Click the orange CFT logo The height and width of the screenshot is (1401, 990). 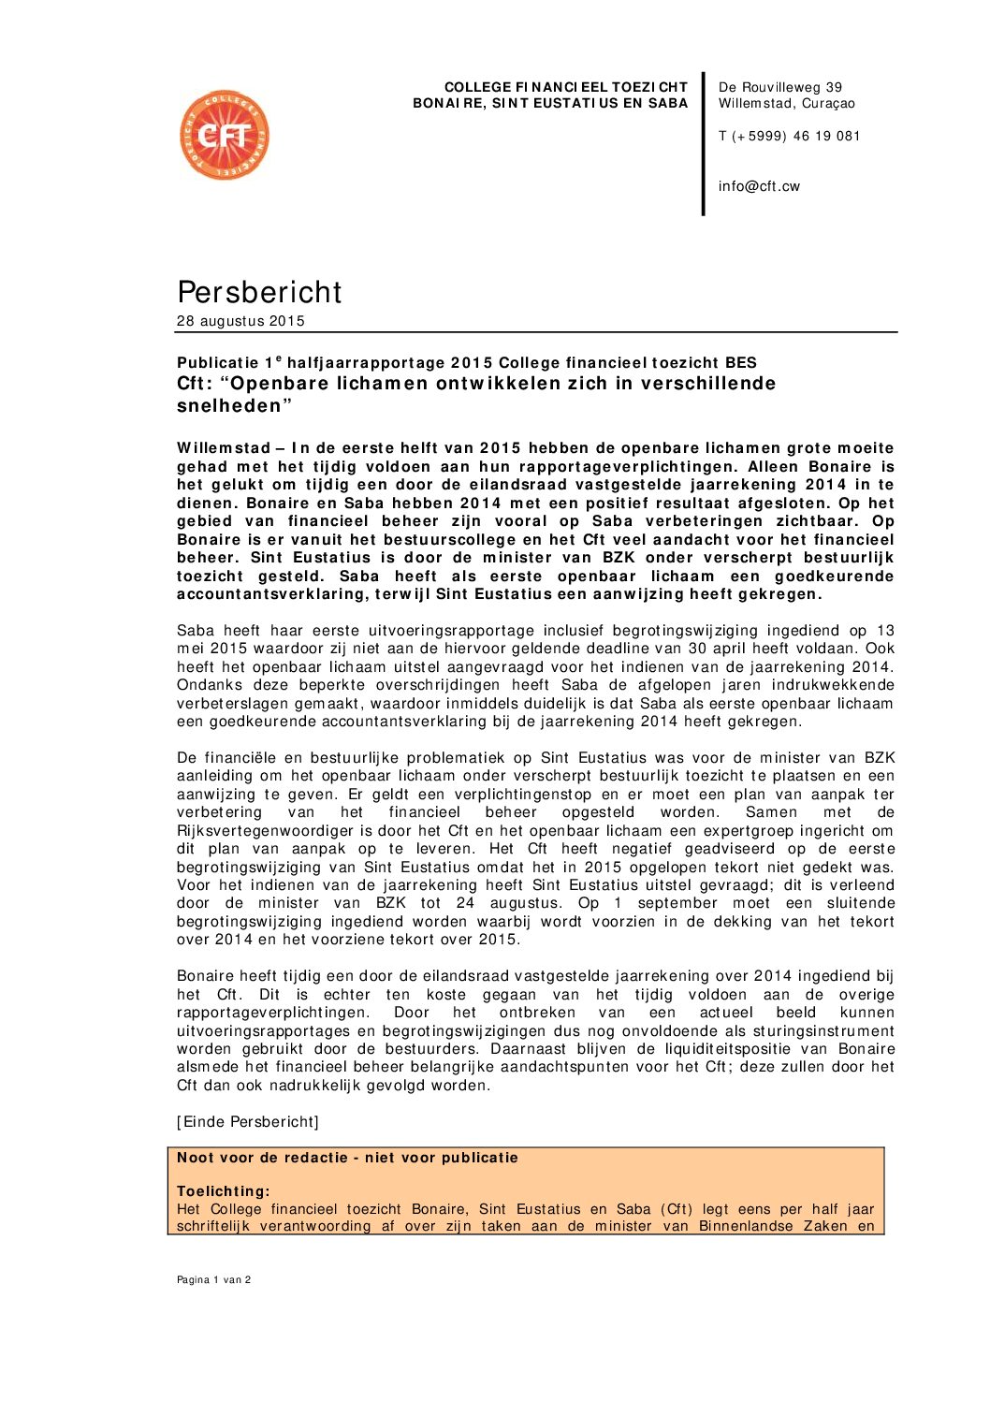click(x=225, y=136)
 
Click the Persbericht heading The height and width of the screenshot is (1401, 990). click(x=259, y=292)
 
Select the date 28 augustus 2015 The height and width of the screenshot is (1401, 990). click(x=240, y=321)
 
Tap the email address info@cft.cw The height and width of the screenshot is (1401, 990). click(x=759, y=186)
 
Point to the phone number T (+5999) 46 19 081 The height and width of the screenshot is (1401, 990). click(x=789, y=136)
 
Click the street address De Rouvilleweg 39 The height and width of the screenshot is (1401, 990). click(x=779, y=87)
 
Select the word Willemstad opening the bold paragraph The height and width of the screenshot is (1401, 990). click(x=224, y=448)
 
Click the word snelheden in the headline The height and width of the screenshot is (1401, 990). click(x=230, y=406)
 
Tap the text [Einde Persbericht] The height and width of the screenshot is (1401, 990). click(x=248, y=1121)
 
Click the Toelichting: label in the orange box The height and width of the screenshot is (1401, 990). click(x=224, y=1191)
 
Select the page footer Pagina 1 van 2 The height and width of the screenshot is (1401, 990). click(x=213, y=1279)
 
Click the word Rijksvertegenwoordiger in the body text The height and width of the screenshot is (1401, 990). click(x=265, y=831)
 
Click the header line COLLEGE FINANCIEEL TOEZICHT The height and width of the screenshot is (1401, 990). click(x=565, y=87)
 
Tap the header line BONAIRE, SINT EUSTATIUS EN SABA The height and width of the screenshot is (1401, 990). click(x=550, y=103)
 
